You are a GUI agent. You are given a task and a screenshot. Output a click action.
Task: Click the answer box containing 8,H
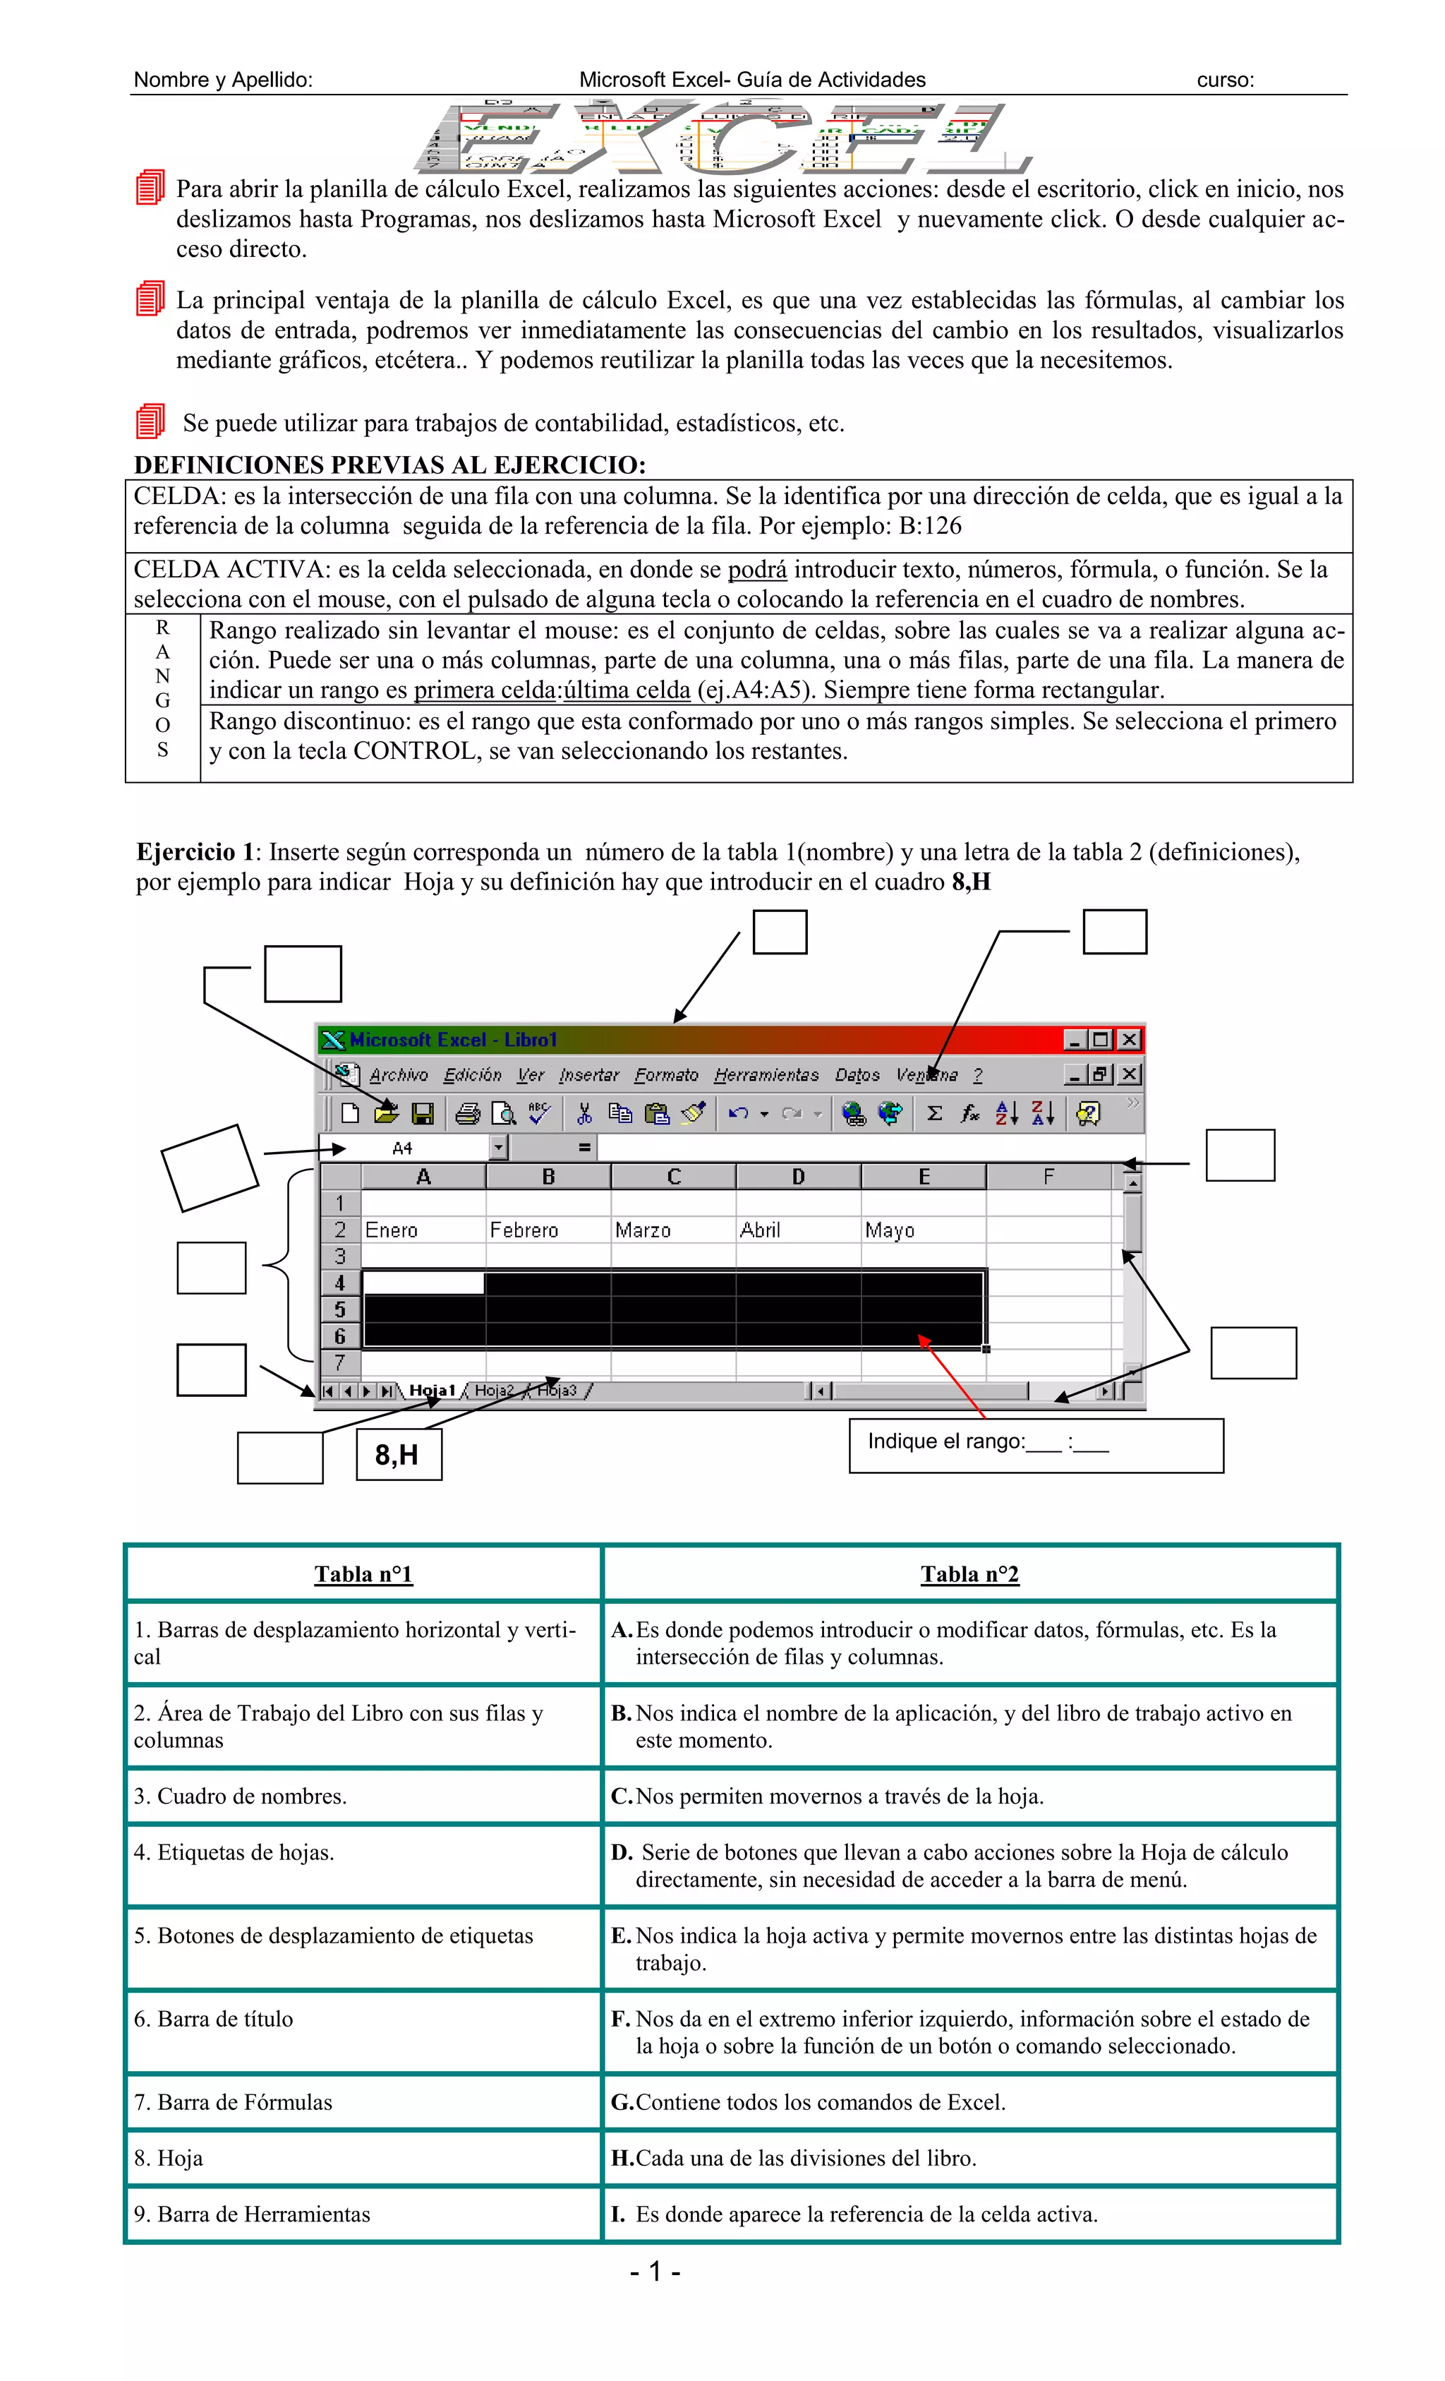(x=398, y=1454)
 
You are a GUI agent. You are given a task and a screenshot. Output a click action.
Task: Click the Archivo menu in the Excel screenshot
(x=398, y=1074)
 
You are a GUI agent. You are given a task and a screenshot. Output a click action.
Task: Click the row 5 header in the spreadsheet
(x=340, y=1310)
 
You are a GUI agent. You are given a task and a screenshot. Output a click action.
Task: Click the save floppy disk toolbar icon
(x=422, y=1114)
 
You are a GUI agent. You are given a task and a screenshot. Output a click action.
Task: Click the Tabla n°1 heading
(x=363, y=1574)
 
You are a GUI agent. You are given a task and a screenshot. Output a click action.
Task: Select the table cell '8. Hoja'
(x=169, y=2158)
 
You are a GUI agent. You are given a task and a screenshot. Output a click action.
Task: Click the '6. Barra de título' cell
(x=214, y=2019)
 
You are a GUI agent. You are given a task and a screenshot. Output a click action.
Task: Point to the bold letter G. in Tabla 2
(x=622, y=2101)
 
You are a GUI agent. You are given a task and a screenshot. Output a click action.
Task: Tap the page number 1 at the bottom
(x=655, y=2271)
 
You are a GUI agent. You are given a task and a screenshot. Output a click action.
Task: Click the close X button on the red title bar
(x=1128, y=1040)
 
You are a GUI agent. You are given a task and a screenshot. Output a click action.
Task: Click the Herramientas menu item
(x=766, y=1074)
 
